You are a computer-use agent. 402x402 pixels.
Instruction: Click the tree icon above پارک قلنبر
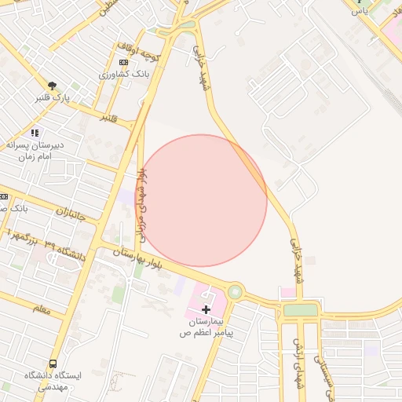(x=52, y=86)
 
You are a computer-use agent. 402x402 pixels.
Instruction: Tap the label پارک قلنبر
(x=52, y=99)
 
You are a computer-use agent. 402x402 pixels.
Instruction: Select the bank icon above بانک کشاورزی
(x=123, y=62)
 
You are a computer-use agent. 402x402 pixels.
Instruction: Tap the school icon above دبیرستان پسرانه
(x=34, y=133)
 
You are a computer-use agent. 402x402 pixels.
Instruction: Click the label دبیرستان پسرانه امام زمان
(x=34, y=151)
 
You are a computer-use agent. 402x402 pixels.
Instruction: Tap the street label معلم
(x=42, y=310)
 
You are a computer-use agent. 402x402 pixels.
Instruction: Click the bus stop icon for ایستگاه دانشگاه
(x=53, y=364)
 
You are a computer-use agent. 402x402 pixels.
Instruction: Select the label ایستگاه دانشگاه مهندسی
(x=53, y=382)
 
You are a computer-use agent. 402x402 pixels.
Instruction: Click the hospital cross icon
(x=206, y=309)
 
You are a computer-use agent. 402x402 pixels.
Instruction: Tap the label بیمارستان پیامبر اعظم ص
(x=206, y=327)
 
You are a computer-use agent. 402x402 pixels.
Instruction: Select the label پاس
(x=359, y=11)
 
